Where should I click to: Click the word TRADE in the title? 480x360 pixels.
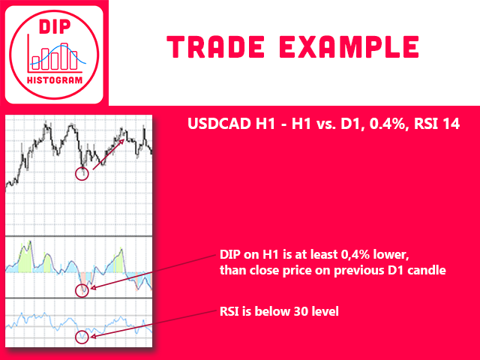215,46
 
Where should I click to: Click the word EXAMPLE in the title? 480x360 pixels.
349,46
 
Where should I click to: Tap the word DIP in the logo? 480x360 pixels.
55,27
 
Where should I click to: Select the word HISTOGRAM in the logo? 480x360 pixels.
55,80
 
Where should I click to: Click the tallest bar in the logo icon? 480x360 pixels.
64,56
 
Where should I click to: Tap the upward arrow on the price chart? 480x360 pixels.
108,154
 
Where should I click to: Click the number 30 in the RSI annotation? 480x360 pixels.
300,312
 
